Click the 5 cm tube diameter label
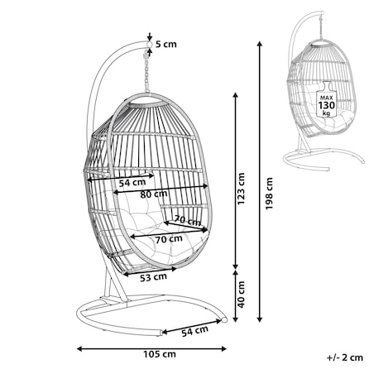pyautogui.click(x=166, y=44)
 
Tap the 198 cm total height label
pyautogui.click(x=269, y=194)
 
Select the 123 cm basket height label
pyautogui.click(x=241, y=189)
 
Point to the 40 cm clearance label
pyautogui.click(x=241, y=295)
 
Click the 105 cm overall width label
pyautogui.click(x=160, y=354)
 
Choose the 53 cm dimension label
pyautogui.click(x=153, y=277)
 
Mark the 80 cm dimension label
pyautogui.click(x=154, y=194)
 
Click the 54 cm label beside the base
pyautogui.click(x=194, y=331)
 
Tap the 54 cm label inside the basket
pyautogui.click(x=132, y=183)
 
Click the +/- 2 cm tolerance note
pyautogui.click(x=345, y=357)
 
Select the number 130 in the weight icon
pyautogui.click(x=327, y=105)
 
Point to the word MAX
pyautogui.click(x=327, y=98)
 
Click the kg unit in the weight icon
pyautogui.click(x=326, y=113)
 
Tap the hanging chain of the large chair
pyautogui.click(x=146, y=73)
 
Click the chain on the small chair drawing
pyautogui.click(x=321, y=28)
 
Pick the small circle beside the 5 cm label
pyautogui.click(x=149, y=45)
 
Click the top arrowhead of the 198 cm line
pyautogui.click(x=259, y=44)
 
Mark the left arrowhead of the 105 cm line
pyautogui.click(x=79, y=349)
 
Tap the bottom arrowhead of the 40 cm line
pyautogui.click(x=235, y=319)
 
